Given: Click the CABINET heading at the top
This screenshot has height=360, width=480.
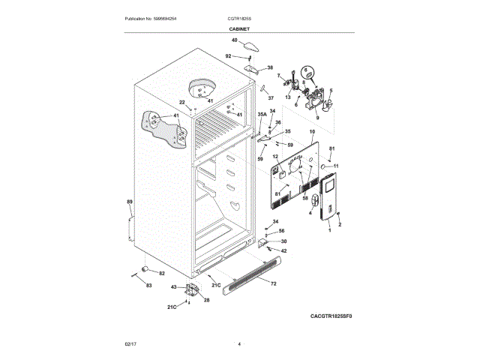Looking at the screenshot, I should (x=239, y=28).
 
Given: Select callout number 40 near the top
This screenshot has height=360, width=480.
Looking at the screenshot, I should (x=234, y=40).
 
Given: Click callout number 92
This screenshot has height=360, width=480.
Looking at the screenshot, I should (x=229, y=56).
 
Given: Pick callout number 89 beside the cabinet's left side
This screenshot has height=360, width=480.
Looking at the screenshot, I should (x=129, y=202).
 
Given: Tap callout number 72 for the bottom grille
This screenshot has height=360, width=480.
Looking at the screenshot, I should (x=273, y=284).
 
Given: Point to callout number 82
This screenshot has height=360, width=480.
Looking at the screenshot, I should (x=161, y=273).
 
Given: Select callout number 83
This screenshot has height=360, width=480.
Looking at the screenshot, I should (x=148, y=286).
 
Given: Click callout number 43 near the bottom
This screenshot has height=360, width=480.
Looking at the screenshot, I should (x=174, y=287).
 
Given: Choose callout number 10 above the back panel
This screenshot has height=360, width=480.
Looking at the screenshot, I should (x=312, y=132).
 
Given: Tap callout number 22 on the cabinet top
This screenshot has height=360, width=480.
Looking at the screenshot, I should (x=181, y=103).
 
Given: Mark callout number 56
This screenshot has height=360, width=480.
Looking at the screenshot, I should (x=281, y=231).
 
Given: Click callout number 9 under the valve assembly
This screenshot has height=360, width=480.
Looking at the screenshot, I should (x=316, y=118).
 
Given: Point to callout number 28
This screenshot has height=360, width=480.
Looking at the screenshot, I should (x=206, y=300).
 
